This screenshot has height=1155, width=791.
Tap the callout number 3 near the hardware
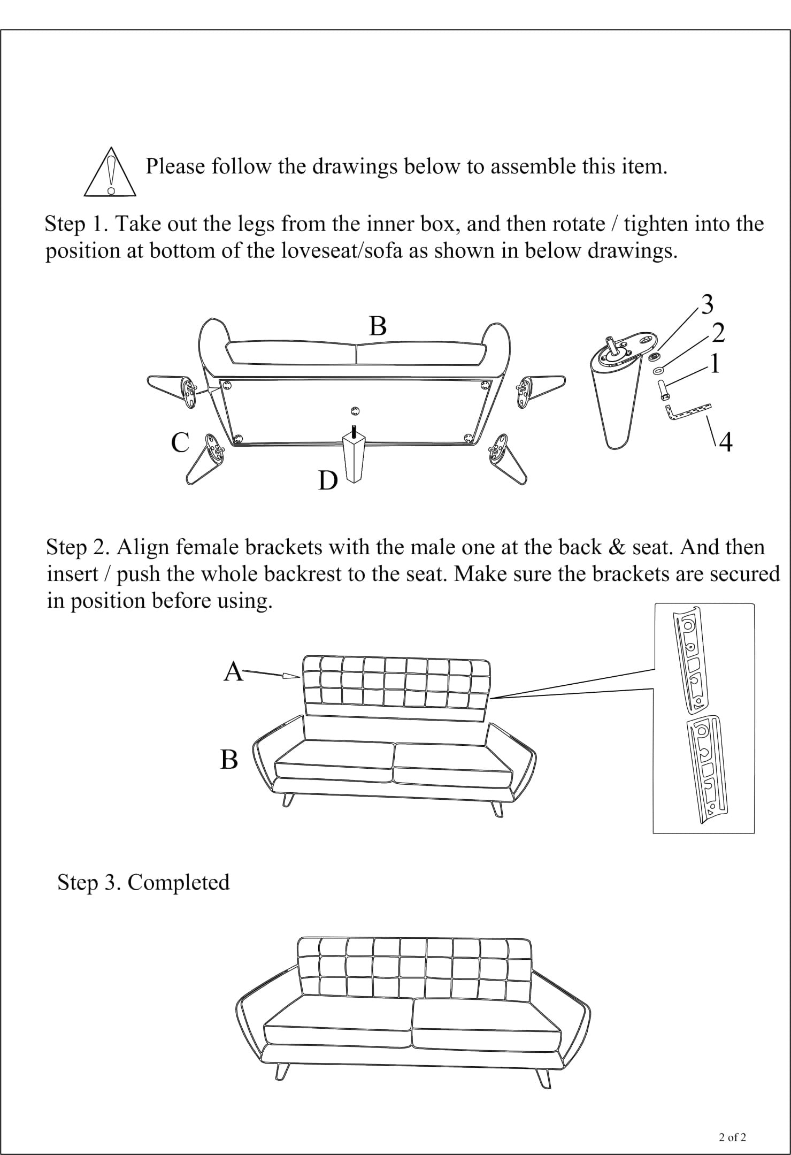[x=707, y=305]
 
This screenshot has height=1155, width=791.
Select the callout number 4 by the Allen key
[x=725, y=442]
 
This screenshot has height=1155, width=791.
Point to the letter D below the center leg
[x=327, y=481]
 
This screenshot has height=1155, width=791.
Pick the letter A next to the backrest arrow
[x=233, y=671]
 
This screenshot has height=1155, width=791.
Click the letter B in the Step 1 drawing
[x=378, y=326]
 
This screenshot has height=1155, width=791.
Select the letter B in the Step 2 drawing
[x=229, y=759]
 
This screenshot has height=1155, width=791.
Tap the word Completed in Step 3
[x=179, y=882]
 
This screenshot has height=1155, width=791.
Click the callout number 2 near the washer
[x=718, y=333]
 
